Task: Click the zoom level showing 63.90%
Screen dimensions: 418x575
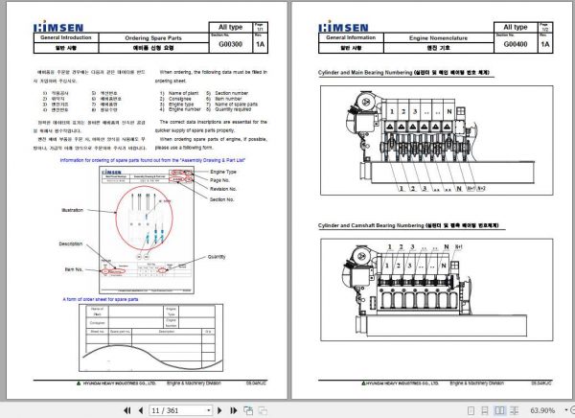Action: point(542,409)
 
